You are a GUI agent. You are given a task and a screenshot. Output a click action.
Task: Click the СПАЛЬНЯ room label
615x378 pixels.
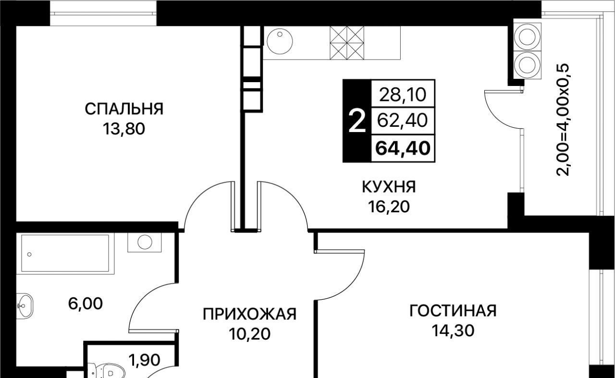pyautogui.click(x=124, y=109)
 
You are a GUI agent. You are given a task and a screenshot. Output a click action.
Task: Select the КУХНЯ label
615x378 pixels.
pyautogui.click(x=389, y=186)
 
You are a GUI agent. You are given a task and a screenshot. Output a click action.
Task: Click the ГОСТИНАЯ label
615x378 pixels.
pyautogui.click(x=453, y=311)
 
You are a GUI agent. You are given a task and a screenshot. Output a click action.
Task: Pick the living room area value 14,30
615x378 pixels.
pyautogui.click(x=453, y=331)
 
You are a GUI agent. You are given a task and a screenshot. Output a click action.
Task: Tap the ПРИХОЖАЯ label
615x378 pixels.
pyautogui.click(x=249, y=314)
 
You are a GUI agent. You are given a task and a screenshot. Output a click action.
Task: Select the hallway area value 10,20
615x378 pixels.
pyautogui.click(x=249, y=334)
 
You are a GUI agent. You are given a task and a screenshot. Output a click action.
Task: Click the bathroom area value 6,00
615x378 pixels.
pyautogui.click(x=86, y=304)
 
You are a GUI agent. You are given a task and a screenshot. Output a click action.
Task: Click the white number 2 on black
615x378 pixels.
pyautogui.click(x=357, y=122)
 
